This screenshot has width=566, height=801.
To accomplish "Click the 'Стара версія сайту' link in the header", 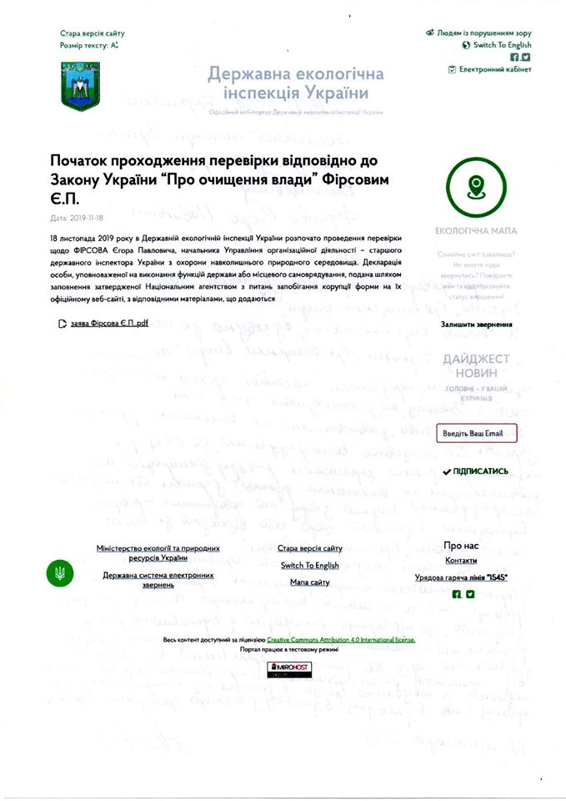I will pos(92,33).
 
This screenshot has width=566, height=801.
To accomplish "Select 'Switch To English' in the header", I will pos(501,45).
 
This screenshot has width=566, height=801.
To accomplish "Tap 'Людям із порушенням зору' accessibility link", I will pos(483,33).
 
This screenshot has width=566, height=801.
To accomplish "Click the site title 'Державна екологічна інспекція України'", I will pos(296,83).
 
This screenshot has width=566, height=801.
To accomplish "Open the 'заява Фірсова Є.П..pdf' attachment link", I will pos(108,323).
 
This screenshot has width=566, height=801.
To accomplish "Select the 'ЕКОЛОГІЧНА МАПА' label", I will pos(476,230).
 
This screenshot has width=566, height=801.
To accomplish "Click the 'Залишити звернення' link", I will pos(476,324).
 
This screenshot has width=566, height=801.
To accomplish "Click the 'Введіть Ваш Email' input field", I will pos(477,433).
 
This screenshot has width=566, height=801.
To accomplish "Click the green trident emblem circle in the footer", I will pos(59,573).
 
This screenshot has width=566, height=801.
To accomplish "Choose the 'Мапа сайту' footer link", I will pos(310,582).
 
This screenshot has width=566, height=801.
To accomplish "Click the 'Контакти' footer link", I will pos(461,561).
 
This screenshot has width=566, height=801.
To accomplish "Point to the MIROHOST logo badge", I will pos(284,669).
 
